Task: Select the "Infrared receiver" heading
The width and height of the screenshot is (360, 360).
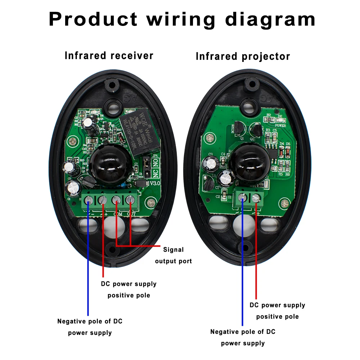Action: (x=109, y=56)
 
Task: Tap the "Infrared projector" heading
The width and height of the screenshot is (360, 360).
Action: (x=243, y=57)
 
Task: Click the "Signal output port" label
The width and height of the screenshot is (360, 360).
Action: (x=174, y=255)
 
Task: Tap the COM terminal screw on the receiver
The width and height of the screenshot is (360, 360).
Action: (x=116, y=200)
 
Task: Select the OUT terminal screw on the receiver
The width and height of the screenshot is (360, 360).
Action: (x=130, y=200)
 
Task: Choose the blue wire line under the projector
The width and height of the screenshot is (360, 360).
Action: (x=243, y=266)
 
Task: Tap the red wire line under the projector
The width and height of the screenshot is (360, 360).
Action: (x=256, y=252)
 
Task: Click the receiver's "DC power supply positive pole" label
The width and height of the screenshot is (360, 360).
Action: (x=129, y=289)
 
